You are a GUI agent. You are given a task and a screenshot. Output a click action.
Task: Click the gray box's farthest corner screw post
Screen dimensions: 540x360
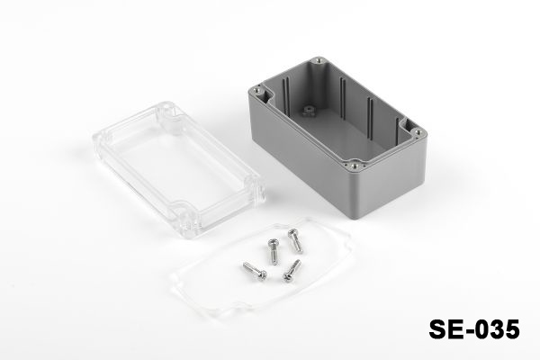click(x=318, y=61)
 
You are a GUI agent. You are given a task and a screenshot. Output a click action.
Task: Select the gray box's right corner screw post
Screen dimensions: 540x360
click(x=418, y=131)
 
